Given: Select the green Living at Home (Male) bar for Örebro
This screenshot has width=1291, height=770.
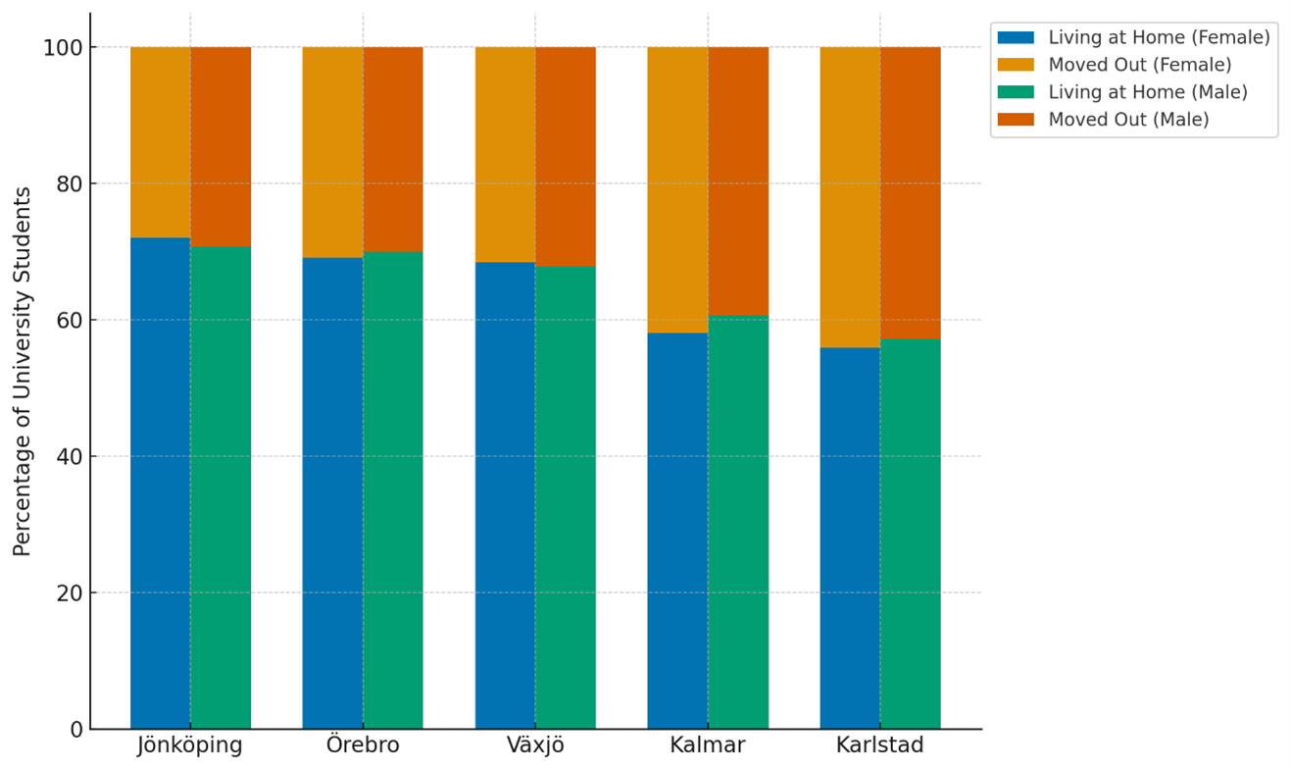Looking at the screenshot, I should point(393,490).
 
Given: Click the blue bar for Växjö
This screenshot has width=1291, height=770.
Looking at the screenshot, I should point(505,495).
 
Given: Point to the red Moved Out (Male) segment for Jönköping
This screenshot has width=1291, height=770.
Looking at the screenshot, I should point(221,146).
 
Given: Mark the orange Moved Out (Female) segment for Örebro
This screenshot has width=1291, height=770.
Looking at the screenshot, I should point(332,152).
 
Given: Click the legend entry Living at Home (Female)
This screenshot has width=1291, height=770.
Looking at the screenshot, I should point(1159,38).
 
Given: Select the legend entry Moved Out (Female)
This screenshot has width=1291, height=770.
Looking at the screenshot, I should point(1139,66).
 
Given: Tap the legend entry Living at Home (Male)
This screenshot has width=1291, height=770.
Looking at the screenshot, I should point(1147,92).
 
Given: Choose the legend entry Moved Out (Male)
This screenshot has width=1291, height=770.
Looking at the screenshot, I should point(1128,120).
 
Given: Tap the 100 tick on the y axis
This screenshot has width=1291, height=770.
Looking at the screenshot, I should point(62,48).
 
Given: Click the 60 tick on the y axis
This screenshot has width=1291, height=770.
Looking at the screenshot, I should point(68,321).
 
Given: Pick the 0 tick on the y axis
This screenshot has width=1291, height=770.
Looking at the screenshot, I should point(75,730).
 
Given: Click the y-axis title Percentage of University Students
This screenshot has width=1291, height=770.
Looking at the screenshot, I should point(23,371).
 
